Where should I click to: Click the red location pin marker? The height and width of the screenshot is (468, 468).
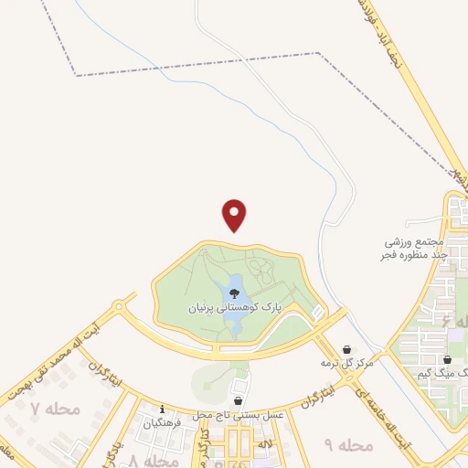(235, 215)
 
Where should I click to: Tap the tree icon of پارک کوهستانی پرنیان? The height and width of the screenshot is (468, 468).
(236, 294)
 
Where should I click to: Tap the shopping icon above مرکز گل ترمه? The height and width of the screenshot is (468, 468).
(347, 349)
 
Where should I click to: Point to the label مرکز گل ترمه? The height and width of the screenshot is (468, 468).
(347, 363)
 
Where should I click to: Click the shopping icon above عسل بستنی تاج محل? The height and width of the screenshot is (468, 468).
(239, 400)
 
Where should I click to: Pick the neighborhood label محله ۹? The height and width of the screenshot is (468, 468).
(349, 445)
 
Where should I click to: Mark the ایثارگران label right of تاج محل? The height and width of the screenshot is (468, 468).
(316, 396)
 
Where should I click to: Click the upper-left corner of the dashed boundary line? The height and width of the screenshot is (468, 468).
(75, 75)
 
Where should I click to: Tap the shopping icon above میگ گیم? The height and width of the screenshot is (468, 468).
(447, 359)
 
